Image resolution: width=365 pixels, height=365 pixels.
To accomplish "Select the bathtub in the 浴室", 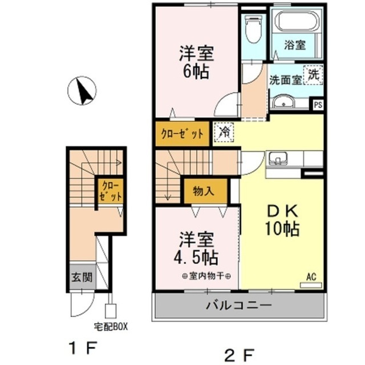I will tap(297, 22).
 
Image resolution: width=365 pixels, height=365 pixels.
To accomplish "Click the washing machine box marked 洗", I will tap(314, 74).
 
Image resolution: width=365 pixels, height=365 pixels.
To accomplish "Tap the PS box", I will tap(318, 105).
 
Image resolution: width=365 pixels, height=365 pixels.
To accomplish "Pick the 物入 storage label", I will tap(204, 191).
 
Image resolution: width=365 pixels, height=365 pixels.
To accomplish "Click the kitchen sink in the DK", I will tap(278, 159).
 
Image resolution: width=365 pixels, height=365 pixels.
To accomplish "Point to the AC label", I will tap(312, 277).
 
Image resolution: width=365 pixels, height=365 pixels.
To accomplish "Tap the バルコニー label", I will tap(239, 306).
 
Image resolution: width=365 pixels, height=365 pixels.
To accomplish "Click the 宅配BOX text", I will tap(111, 327).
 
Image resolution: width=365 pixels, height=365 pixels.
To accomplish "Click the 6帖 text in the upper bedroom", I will tap(196, 73).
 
